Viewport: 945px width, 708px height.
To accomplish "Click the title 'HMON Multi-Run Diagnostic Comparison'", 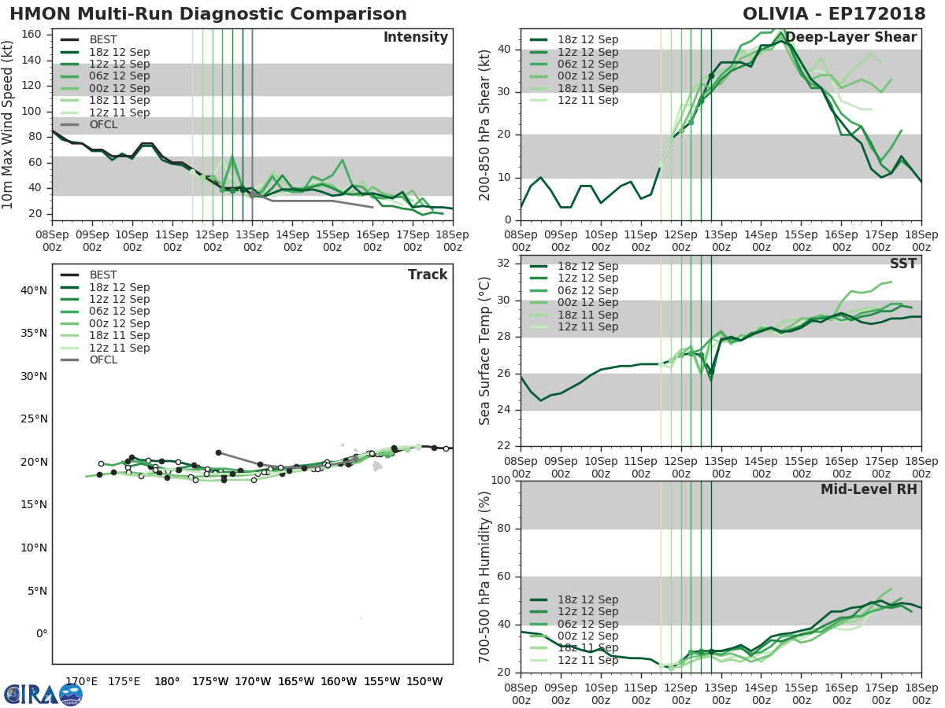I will (x=208, y=14).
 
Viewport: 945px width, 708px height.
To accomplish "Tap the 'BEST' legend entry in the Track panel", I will (x=103, y=275).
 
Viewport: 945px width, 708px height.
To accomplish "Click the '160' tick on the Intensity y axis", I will (x=32, y=35).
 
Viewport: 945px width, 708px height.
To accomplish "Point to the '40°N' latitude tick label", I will (x=34, y=290).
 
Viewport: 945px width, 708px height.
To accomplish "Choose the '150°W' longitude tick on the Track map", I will (x=424, y=681).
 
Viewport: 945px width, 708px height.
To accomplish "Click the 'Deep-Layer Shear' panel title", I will (x=850, y=38).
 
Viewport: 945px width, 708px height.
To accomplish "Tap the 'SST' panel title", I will (x=904, y=264).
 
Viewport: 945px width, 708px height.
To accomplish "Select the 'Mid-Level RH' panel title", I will (x=869, y=489).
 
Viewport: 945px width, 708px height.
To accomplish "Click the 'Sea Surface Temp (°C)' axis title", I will (x=485, y=350).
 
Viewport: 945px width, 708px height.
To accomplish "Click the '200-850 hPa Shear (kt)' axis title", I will (x=485, y=124).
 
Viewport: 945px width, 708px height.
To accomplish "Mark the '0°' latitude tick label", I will (x=41, y=633).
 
